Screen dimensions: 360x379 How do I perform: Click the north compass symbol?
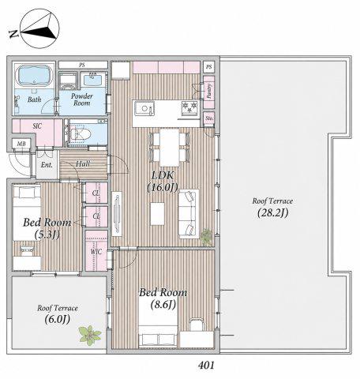click(x=39, y=28)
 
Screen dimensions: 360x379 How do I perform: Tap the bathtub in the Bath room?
click(x=34, y=75)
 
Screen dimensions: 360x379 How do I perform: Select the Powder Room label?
click(x=82, y=99)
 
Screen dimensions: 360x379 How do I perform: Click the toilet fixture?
click(x=81, y=134)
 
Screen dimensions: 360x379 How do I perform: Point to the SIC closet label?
click(x=37, y=126)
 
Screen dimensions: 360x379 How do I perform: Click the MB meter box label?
click(x=21, y=144)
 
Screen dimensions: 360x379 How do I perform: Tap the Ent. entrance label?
click(x=47, y=165)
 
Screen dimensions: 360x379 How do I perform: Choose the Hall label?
click(x=83, y=164)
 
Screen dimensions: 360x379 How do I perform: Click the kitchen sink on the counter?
click(x=144, y=108)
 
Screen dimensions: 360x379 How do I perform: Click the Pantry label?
click(x=209, y=91)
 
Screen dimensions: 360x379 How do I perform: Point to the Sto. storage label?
click(x=209, y=118)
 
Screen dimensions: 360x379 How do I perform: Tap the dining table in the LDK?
click(x=169, y=148)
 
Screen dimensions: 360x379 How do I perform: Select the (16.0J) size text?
click(x=163, y=188)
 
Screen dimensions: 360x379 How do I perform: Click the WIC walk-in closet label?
click(x=96, y=252)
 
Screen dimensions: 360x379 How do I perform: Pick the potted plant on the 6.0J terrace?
click(x=90, y=336)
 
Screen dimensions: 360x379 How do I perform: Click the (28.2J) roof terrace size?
click(x=272, y=212)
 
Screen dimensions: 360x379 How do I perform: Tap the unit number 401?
click(x=206, y=365)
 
